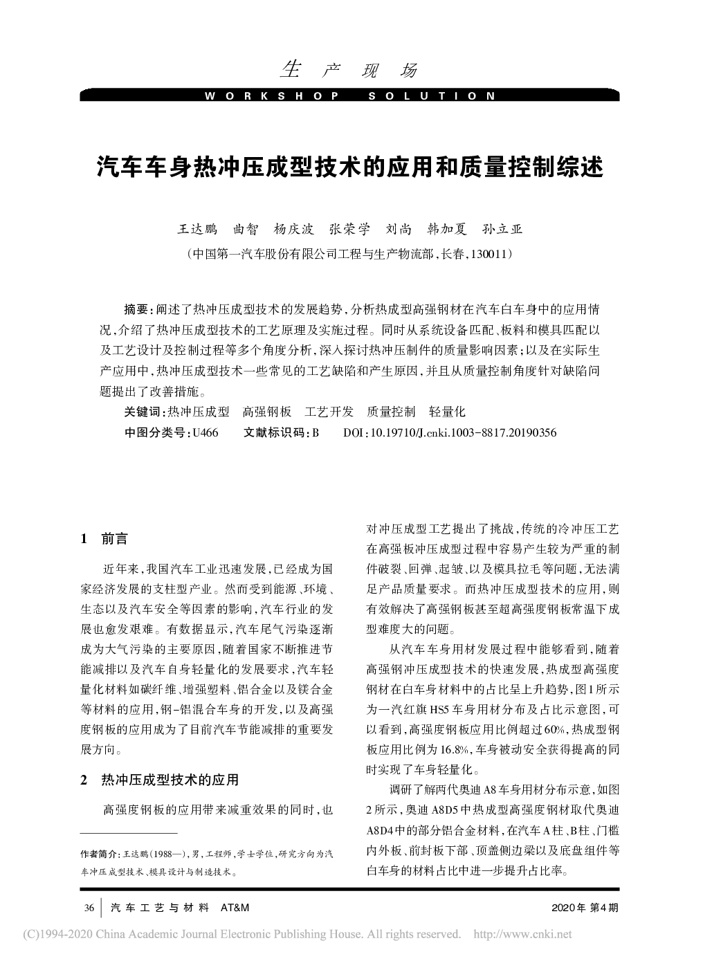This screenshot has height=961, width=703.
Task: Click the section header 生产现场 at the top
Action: point(350,70)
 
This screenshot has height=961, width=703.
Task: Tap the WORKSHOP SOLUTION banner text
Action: point(350,96)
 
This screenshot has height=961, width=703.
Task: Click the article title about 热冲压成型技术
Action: point(350,168)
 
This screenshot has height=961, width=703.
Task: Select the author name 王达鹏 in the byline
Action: point(198,230)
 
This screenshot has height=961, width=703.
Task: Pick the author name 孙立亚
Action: point(502,230)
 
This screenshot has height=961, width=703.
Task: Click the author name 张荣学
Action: point(349,230)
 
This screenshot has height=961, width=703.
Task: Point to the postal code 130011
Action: point(490,254)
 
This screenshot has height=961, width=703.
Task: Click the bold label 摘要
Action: point(136,307)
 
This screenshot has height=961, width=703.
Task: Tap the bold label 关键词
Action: point(143,412)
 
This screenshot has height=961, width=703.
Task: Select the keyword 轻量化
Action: point(447,412)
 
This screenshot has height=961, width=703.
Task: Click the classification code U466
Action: point(206,433)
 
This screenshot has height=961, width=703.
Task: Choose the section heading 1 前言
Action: point(104,539)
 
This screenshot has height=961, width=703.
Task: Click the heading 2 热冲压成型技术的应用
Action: point(160,780)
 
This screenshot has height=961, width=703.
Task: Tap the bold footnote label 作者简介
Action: point(100,854)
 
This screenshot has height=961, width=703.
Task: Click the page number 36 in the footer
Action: point(89,907)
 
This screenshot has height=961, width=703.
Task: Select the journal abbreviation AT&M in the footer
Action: point(234,907)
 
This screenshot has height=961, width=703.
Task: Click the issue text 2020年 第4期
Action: point(585,907)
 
